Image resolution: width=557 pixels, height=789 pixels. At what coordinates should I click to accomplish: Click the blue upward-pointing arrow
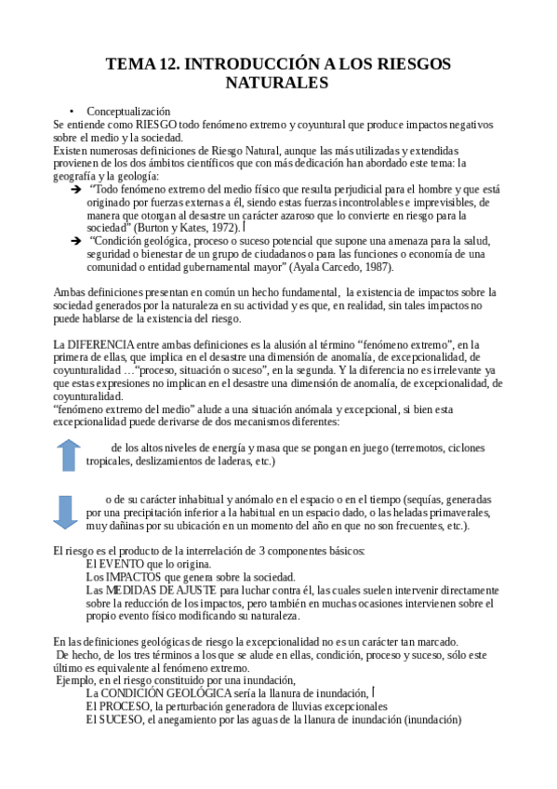coord(68,455)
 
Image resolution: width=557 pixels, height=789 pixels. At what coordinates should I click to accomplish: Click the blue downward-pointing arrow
coord(64,512)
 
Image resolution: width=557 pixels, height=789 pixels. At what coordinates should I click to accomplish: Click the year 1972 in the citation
coord(230,226)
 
